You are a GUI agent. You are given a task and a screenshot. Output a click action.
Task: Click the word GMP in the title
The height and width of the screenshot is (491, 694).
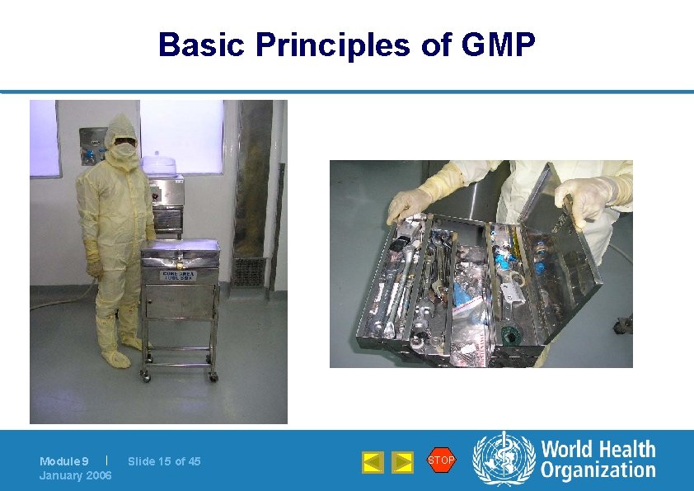pos(499,45)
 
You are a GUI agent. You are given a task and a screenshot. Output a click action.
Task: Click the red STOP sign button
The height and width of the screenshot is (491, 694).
pos(441,460)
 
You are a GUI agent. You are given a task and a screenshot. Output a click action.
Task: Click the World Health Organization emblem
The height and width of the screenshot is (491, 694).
pos(503,460)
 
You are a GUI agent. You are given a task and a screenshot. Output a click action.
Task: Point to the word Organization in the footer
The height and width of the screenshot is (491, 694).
pos(598,471)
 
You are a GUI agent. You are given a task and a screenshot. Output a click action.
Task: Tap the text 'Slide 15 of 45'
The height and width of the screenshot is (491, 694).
pos(164,461)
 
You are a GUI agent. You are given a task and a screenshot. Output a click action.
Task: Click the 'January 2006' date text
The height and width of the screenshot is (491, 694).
pos(76,475)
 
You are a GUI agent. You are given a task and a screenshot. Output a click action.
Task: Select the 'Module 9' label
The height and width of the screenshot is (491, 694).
pos(64,461)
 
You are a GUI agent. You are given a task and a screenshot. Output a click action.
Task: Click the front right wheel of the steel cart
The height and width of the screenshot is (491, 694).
pos(213,376)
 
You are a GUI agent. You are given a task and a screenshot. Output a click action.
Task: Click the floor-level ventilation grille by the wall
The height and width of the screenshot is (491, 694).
pos(250,271)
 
